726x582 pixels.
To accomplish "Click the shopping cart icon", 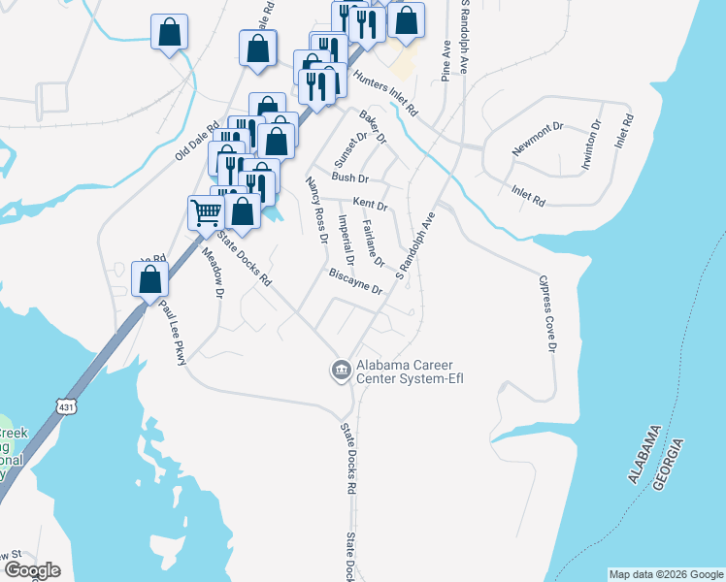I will click(x=206, y=210).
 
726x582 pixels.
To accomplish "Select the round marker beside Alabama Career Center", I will click(x=341, y=370).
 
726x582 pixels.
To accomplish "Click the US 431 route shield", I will click(x=65, y=403).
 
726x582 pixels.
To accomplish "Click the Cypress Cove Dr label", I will click(x=548, y=315).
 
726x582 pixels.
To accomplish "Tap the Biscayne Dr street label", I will click(x=356, y=282).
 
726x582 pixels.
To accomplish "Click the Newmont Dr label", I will click(x=538, y=139).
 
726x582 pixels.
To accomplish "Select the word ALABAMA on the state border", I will click(x=643, y=454).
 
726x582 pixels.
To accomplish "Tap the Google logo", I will click(x=31, y=570).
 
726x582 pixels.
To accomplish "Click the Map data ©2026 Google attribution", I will click(x=666, y=574).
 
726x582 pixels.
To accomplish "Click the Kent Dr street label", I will click(x=370, y=205).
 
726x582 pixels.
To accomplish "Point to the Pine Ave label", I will click(x=445, y=61).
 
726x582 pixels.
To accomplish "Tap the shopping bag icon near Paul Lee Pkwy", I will click(x=149, y=278).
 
